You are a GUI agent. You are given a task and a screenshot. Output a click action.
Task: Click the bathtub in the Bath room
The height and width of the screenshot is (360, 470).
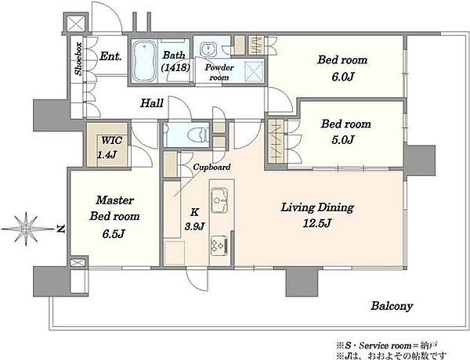click(144, 61)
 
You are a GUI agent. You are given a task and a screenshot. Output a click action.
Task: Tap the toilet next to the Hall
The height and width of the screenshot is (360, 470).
click(198, 133)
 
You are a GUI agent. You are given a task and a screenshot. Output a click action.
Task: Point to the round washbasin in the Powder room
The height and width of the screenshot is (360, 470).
click(207, 49)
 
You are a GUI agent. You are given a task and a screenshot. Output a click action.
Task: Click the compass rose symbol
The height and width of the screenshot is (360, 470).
click(27, 229)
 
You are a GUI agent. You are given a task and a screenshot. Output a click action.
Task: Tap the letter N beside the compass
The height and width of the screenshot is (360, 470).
click(61, 229)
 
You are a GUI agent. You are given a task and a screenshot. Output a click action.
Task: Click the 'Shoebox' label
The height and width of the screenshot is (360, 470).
click(78, 59)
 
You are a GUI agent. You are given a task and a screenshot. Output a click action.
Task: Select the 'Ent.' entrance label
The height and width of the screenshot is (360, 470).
click(110, 56)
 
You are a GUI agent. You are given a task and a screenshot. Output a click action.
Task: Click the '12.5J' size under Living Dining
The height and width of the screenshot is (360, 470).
click(316, 223)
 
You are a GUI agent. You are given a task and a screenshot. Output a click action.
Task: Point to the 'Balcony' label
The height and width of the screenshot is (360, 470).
click(392, 306)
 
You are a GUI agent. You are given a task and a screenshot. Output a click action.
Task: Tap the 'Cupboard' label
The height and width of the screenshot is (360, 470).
click(211, 167)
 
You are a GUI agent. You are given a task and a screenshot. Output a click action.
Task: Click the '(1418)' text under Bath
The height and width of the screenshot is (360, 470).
click(175, 68)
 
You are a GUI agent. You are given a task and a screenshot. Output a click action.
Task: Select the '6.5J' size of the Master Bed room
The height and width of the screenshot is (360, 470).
click(114, 234)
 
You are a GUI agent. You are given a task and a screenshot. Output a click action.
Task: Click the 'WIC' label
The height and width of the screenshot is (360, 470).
click(111, 140)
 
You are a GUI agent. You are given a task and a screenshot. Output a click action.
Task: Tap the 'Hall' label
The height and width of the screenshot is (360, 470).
click(152, 103)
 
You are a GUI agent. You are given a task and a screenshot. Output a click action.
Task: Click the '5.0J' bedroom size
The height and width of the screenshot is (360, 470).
click(343, 139)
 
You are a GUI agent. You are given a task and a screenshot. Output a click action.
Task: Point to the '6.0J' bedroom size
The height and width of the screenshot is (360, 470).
click(342, 77)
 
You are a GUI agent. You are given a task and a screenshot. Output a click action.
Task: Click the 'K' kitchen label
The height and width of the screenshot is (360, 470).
click(194, 212)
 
